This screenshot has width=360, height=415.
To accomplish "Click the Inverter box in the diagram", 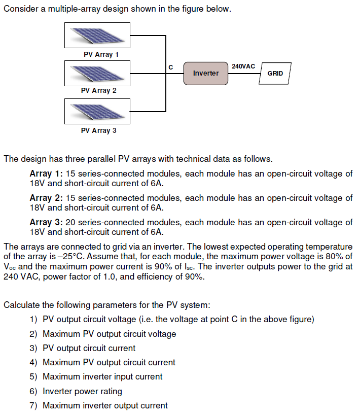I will tap(205, 73).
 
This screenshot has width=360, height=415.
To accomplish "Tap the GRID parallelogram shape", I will tap(275, 74).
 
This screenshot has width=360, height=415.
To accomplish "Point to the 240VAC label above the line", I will tap(243, 66).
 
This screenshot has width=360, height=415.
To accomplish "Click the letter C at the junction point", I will tap(170, 67).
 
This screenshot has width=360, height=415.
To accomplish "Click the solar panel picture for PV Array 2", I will tap(97, 73).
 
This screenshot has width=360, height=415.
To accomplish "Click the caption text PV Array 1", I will tap(98, 54).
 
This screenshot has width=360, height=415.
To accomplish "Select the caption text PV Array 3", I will tap(98, 130).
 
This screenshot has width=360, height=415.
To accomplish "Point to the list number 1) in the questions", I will tap(33, 320).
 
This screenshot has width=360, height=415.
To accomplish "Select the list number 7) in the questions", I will tap(33, 405).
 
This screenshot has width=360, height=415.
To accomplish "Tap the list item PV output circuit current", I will tap(89, 348).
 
